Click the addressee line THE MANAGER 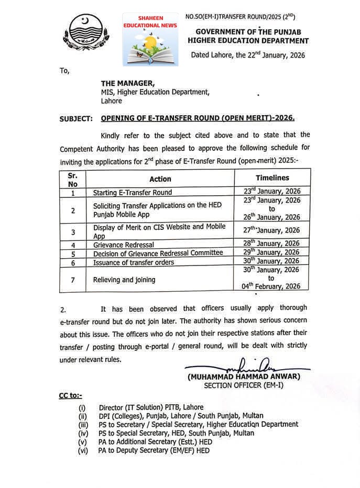[128, 83]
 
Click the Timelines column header [272, 178]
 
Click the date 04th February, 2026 [271, 286]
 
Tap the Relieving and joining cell [124, 280]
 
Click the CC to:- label [70, 395]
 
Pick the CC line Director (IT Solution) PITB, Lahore [151, 407]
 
